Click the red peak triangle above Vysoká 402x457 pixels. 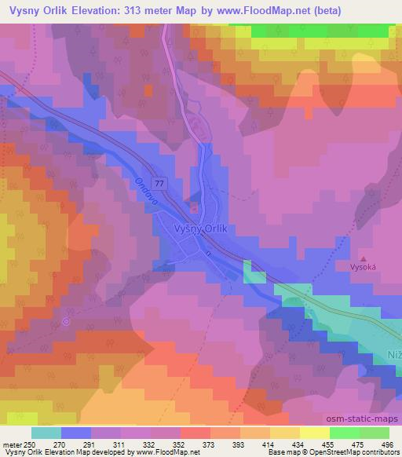(x=363, y=257)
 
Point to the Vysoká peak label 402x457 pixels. (x=364, y=267)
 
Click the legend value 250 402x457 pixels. (x=30, y=445)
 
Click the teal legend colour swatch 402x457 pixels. (x=46, y=433)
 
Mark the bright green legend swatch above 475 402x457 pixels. (x=345, y=433)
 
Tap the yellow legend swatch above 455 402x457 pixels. (x=315, y=433)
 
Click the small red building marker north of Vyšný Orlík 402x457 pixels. (x=194, y=208)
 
